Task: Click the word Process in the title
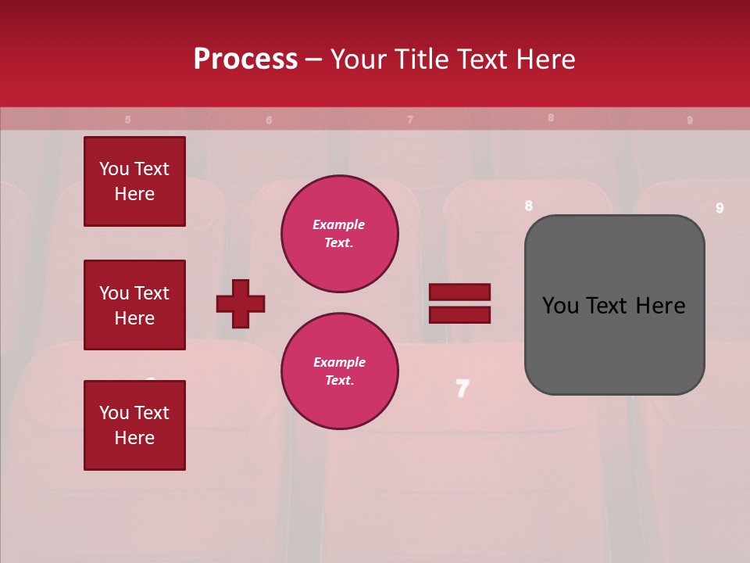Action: pos(245,59)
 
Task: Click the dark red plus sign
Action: pos(241,303)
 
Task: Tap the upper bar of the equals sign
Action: pos(459,292)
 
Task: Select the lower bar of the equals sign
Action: pos(459,314)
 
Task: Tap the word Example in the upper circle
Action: pos(339,224)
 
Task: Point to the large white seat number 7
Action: pos(462,389)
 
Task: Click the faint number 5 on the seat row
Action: pos(128,120)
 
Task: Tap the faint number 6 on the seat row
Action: pos(269,120)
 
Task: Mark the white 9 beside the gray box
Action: pos(720,208)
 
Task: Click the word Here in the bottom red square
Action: pos(134,438)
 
